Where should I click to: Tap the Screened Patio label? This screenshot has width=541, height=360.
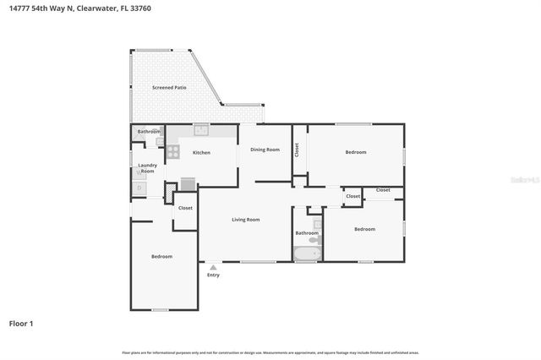pyautogui.click(x=169, y=87)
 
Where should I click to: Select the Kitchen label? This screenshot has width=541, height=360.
pyautogui.click(x=201, y=153)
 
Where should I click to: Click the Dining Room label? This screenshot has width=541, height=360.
pyautogui.click(x=265, y=150)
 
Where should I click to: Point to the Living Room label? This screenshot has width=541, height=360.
pyautogui.click(x=246, y=220)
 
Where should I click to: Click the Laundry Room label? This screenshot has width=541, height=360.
pyautogui.click(x=147, y=168)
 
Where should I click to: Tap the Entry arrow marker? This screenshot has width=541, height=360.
pyautogui.click(x=213, y=267)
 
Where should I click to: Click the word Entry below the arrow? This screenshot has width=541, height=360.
pyautogui.click(x=213, y=275)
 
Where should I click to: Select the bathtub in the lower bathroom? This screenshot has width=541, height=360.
pyautogui.click(x=306, y=253)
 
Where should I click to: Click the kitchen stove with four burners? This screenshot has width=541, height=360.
pyautogui.click(x=173, y=152)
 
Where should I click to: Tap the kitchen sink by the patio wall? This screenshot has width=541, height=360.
pyautogui.click(x=201, y=129)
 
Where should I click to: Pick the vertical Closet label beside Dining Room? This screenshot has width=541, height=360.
pyautogui.click(x=297, y=150)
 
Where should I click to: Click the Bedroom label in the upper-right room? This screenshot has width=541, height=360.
pyautogui.click(x=356, y=152)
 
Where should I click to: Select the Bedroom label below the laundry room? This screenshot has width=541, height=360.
pyautogui.click(x=161, y=256)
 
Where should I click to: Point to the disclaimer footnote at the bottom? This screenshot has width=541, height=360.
pyautogui.click(x=270, y=352)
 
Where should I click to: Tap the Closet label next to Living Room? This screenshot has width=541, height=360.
pyautogui.click(x=185, y=208)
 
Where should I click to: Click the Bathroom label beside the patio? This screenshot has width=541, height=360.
pyautogui.click(x=149, y=132)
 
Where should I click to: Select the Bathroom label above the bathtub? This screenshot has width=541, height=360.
pyautogui.click(x=306, y=232)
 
